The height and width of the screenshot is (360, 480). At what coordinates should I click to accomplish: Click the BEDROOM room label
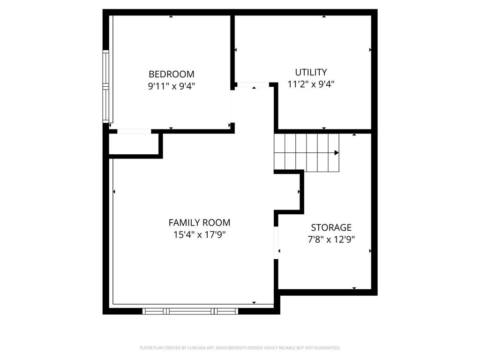click(171, 74)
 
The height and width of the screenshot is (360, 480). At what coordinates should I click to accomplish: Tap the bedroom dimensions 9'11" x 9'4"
click(171, 86)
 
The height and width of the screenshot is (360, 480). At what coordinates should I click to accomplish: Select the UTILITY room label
click(311, 72)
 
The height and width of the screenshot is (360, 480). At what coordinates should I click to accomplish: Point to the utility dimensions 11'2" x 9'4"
click(311, 84)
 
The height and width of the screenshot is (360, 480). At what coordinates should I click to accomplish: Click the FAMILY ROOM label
click(199, 223)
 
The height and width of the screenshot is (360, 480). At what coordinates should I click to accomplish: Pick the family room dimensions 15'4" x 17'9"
click(199, 235)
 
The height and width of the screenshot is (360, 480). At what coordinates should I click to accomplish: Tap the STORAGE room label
click(331, 227)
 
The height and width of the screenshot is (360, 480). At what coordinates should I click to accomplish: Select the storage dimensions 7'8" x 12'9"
click(331, 240)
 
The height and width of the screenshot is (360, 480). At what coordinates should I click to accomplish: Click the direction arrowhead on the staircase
click(337, 152)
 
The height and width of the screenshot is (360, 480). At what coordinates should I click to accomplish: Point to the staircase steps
click(307, 152)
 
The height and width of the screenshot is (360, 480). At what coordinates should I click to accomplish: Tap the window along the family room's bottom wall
click(190, 310)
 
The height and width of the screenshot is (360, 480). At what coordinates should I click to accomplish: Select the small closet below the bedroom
click(135, 144)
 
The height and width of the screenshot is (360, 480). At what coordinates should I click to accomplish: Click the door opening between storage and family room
click(277, 242)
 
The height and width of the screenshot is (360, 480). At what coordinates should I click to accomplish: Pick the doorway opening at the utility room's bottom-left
click(253, 85)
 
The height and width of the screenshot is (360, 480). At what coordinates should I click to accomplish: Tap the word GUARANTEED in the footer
click(325, 348)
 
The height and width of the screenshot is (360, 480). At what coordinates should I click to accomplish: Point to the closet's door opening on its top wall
click(134, 131)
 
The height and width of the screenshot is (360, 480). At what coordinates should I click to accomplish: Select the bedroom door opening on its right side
click(231, 106)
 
